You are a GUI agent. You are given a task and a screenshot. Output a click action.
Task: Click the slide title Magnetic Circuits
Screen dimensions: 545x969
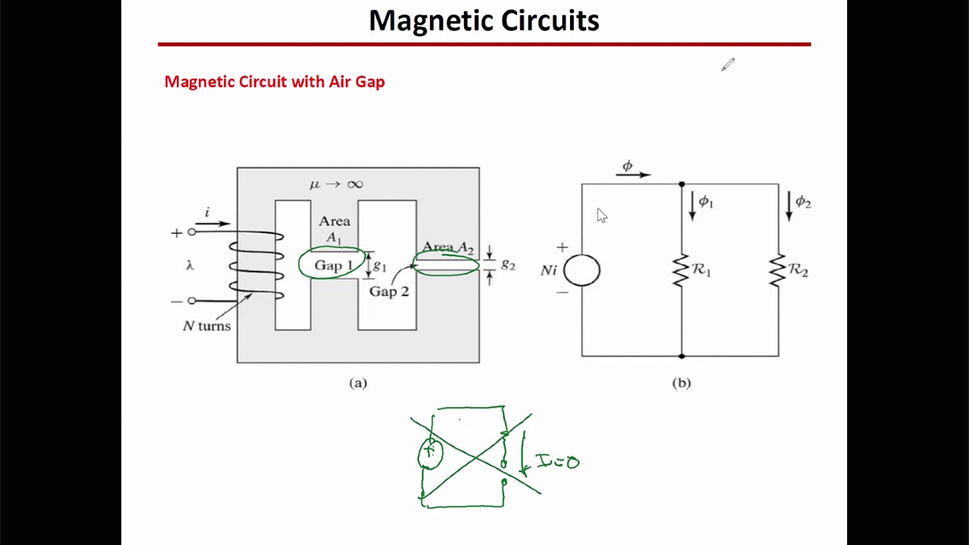coord(484,20)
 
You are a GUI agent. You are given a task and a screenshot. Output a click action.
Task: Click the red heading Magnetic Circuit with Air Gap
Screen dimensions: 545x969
coord(274,82)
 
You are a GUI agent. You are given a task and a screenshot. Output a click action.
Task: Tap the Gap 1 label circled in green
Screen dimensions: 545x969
coord(333,265)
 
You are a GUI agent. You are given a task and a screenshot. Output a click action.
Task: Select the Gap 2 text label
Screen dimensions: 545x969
coord(388,291)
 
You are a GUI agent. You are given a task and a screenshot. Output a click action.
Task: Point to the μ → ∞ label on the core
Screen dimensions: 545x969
coord(336,184)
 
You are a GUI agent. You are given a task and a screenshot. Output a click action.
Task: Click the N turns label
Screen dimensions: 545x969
coord(207,326)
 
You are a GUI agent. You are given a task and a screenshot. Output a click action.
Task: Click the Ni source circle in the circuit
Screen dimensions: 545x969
coord(581,270)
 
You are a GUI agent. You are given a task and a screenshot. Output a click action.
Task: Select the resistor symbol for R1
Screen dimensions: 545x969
coord(681,270)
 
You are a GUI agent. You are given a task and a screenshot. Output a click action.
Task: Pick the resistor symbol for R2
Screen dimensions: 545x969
coord(777,270)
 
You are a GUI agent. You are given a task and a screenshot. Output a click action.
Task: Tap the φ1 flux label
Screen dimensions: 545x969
coord(706,201)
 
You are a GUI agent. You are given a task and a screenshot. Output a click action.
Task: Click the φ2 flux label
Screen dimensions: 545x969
coord(802,202)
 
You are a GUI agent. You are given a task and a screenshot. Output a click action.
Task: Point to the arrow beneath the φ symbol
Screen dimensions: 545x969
coord(633,175)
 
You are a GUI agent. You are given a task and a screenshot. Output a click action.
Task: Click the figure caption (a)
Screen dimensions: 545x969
coord(358,383)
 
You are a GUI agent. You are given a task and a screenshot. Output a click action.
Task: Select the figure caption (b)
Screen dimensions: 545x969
coord(681,383)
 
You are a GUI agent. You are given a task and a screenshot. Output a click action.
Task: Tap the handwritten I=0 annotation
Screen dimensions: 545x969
coord(557,461)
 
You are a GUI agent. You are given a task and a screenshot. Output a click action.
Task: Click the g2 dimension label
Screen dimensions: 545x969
coord(508,264)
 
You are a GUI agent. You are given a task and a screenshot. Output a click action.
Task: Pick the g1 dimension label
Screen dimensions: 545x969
coord(380,266)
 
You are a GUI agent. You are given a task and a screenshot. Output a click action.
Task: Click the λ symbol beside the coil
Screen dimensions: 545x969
coord(189,265)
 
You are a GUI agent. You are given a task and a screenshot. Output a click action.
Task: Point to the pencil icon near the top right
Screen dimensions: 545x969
coord(728,65)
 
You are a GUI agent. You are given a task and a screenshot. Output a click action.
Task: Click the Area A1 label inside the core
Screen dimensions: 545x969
coord(334,229)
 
